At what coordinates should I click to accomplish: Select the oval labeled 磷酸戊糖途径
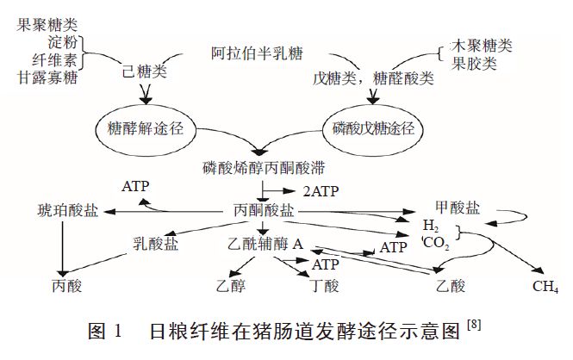point(375,130)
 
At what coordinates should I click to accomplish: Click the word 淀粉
point(64,42)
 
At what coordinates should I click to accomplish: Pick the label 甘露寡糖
point(47,77)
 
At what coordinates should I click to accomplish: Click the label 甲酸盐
point(458,208)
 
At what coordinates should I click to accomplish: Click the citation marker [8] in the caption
point(473,324)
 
